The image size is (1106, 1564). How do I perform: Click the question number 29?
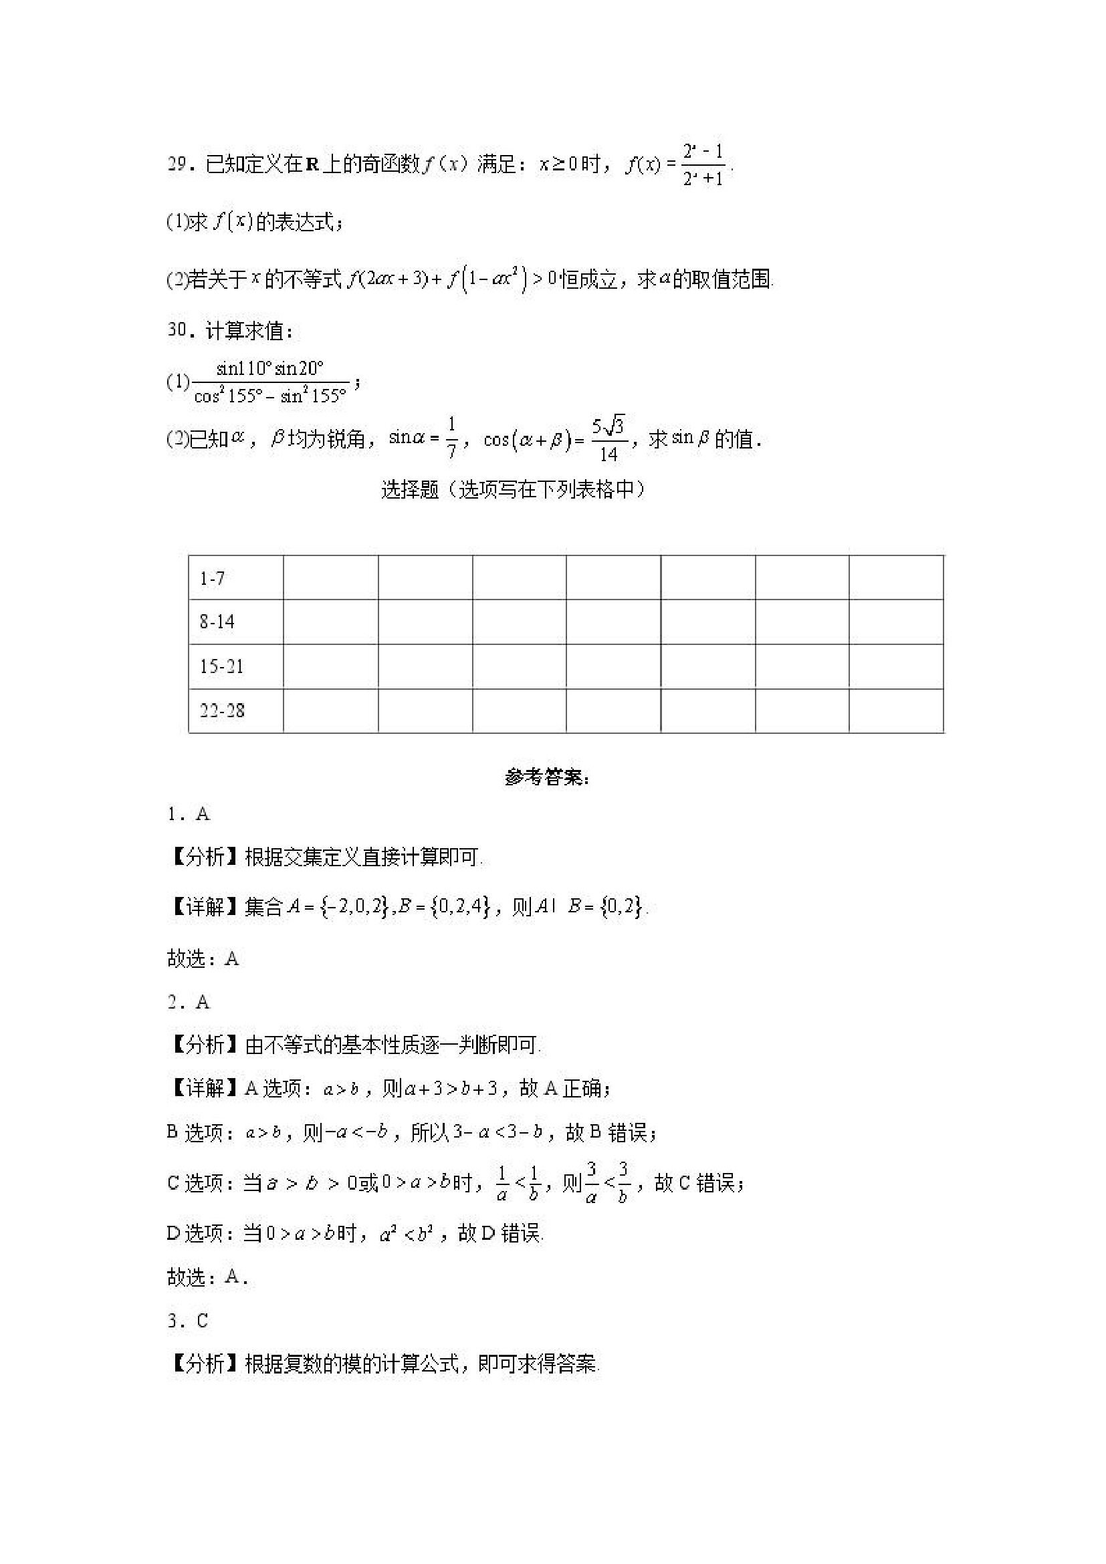point(177,164)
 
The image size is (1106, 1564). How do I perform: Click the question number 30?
point(177,330)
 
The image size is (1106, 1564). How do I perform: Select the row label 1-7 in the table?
point(212,578)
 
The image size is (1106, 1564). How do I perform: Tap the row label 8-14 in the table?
point(217,622)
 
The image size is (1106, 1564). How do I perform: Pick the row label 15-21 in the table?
point(221,666)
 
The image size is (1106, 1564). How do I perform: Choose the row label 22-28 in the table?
point(221,710)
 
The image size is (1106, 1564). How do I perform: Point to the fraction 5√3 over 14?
point(609,439)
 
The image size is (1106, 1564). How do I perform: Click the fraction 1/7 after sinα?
point(451,438)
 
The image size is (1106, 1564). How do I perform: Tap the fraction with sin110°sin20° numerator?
point(271,382)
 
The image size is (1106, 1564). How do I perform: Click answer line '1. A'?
point(189,814)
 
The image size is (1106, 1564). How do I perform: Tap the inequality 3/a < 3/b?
point(606,1183)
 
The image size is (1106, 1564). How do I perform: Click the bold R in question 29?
point(313,165)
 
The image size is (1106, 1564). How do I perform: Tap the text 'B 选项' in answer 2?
point(195,1133)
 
